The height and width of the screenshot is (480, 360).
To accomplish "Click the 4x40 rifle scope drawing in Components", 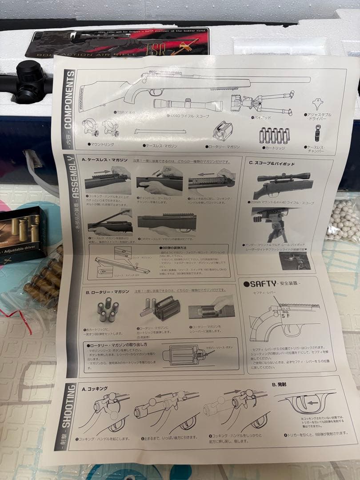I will click(x=187, y=105).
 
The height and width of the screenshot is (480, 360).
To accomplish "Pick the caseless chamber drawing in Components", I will click(x=318, y=133).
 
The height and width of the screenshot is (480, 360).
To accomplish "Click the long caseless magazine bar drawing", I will click(x=160, y=132).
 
